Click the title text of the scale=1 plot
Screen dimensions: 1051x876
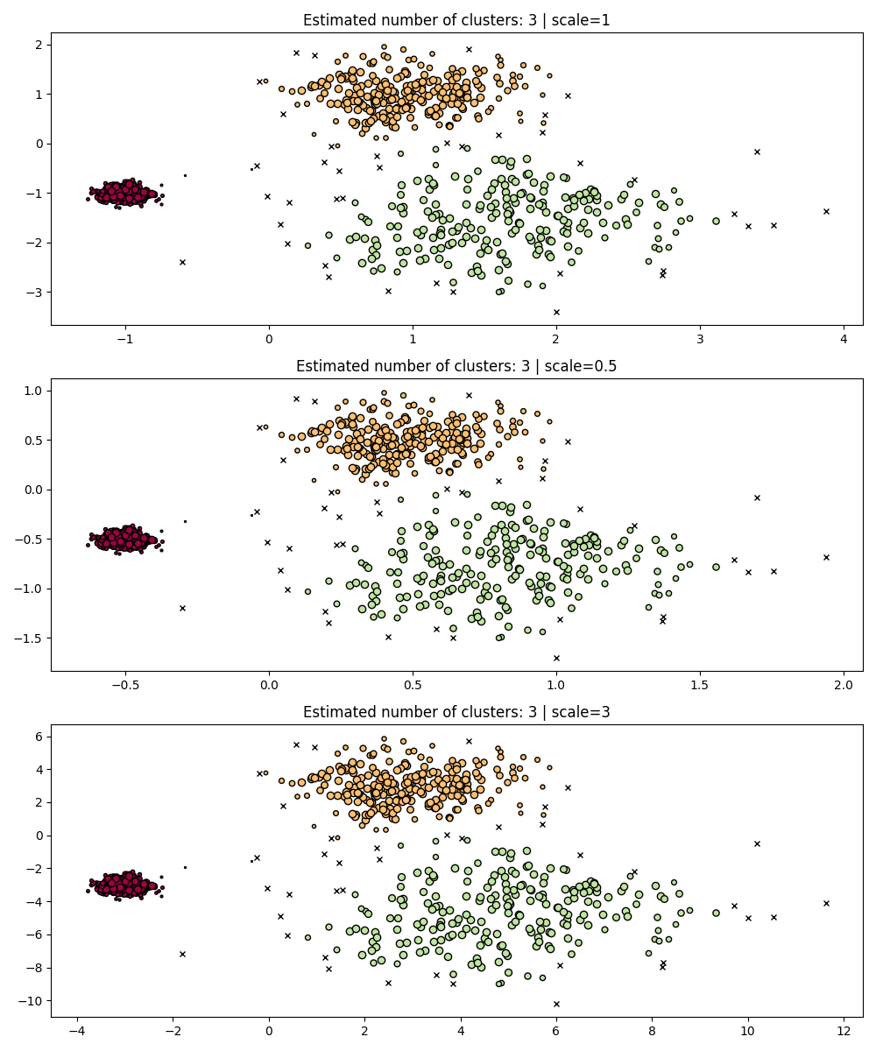tap(456, 20)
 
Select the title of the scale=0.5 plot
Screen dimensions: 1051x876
tap(456, 366)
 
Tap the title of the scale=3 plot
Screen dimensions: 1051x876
tap(456, 712)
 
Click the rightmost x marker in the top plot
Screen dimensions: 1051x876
tap(826, 211)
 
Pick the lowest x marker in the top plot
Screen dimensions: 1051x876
tap(556, 312)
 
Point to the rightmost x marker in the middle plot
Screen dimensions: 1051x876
tap(826, 557)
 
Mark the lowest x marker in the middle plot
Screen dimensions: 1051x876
tap(556, 658)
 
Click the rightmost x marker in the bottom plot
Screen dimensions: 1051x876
tap(826, 903)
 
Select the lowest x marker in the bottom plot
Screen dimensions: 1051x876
tap(556, 1004)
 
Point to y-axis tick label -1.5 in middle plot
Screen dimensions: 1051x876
tap(32, 638)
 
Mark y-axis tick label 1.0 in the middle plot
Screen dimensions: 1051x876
tap(35, 390)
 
